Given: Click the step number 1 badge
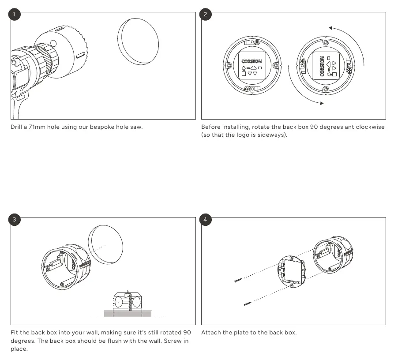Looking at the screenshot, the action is (14, 14).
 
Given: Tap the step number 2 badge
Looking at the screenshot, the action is (205, 14).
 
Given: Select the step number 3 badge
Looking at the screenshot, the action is (14, 220).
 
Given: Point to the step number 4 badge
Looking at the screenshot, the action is (205, 220).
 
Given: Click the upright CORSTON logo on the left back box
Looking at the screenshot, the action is (251, 61).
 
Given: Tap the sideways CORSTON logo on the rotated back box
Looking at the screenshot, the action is (322, 66).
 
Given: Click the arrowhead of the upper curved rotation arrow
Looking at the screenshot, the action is (331, 28).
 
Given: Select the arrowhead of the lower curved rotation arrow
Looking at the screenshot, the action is (322, 103).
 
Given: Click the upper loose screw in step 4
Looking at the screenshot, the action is (238, 280).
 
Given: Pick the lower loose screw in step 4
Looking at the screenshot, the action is (248, 304).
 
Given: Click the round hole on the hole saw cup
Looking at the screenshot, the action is (53, 44).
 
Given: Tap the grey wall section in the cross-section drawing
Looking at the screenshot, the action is (128, 314).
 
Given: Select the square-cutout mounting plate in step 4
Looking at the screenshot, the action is (292, 272).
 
